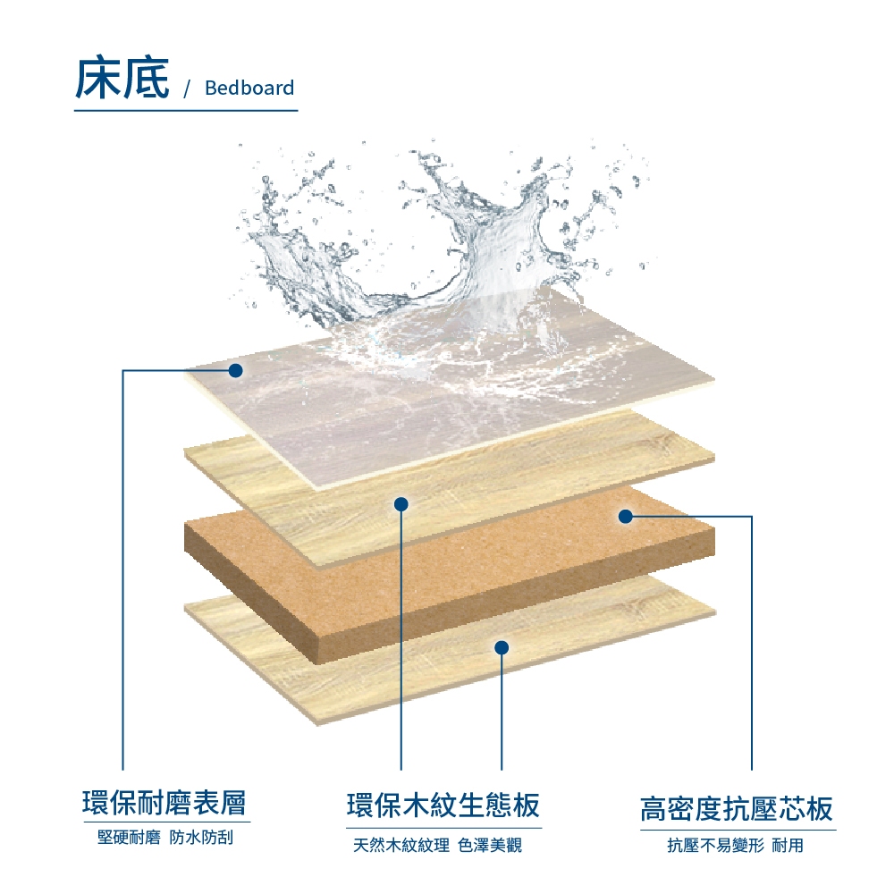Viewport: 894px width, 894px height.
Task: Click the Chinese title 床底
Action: pyautogui.click(x=122, y=78)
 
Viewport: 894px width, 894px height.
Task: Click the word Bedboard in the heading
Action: pyautogui.click(x=249, y=88)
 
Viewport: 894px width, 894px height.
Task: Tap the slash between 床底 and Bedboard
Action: pyautogui.click(x=187, y=89)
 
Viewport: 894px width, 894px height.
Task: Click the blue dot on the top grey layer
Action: pyautogui.click(x=235, y=371)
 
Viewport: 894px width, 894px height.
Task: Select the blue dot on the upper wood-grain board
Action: pyautogui.click(x=401, y=504)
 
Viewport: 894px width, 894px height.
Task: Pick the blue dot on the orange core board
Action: pyautogui.click(x=626, y=517)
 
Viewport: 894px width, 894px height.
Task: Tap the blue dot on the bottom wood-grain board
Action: pyautogui.click(x=502, y=647)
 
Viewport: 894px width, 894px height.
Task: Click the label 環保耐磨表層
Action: pyautogui.click(x=164, y=803)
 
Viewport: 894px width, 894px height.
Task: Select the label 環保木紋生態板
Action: pyautogui.click(x=443, y=805)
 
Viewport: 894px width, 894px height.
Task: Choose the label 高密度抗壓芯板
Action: pyautogui.click(x=736, y=808)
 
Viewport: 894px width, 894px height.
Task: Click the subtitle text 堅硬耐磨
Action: pyautogui.click(x=129, y=838)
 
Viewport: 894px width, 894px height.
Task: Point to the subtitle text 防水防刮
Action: pyautogui.click(x=201, y=838)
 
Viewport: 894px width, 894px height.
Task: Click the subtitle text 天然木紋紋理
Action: pyautogui.click(x=401, y=845)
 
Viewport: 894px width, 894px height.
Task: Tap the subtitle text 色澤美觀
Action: pyautogui.click(x=490, y=845)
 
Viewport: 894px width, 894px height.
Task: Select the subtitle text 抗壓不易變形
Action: pyautogui.click(x=715, y=845)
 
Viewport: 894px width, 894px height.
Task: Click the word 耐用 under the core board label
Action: pyautogui.click(x=788, y=845)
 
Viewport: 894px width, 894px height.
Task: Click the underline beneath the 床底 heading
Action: pyautogui.click(x=186, y=110)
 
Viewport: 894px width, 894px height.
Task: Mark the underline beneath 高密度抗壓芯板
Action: pyautogui.click(x=738, y=831)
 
